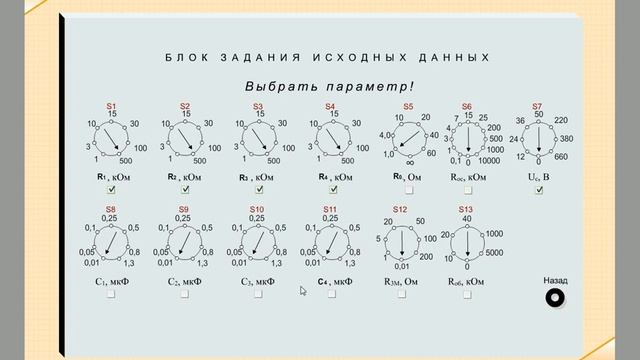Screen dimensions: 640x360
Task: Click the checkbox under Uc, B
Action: pos(539,190)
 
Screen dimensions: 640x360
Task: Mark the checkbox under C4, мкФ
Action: pos(331,295)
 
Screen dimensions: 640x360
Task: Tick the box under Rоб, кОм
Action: pos(466,295)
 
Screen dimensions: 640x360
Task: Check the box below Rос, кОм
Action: pos(466,190)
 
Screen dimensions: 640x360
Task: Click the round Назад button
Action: pos(555,298)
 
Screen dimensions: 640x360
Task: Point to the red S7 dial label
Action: pos(538,106)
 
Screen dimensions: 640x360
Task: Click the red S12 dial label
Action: pos(401,208)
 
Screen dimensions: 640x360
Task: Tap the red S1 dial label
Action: pos(112,106)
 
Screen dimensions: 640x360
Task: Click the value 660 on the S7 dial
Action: pos(560,157)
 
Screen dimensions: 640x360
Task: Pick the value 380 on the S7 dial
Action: pos(567,138)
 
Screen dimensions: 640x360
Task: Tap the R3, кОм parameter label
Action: pos(258,177)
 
